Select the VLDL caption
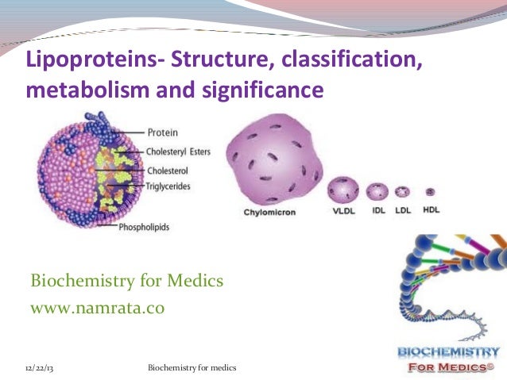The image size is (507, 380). [x=344, y=212]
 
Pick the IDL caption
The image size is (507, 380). [x=377, y=212]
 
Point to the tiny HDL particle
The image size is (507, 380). [x=430, y=191]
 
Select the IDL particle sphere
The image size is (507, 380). [x=377, y=191]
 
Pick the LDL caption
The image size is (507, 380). [x=403, y=212]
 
